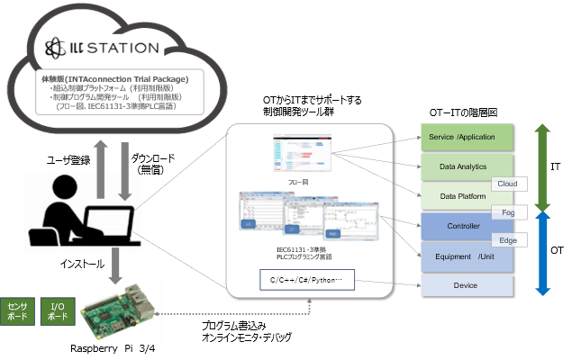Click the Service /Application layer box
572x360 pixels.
467,137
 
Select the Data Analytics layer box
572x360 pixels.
467,166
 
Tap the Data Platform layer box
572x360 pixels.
460,195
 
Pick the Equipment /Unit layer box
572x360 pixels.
460,255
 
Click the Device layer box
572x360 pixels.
467,284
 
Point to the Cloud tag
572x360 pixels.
505,183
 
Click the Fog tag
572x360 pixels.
508,211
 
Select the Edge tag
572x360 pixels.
507,240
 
